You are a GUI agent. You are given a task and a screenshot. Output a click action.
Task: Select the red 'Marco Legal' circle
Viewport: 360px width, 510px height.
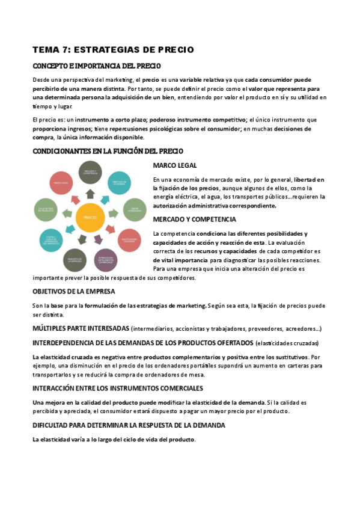(62, 182)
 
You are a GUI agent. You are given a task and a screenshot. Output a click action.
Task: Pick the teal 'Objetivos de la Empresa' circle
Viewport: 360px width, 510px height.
(118, 182)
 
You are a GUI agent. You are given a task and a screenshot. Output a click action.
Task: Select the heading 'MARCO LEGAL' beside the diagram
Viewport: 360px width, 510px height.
(174, 165)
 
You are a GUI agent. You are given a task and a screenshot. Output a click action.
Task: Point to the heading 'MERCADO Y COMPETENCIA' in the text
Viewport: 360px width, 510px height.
(194, 219)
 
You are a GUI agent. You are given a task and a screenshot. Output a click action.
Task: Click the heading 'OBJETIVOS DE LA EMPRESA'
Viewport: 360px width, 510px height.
(73, 292)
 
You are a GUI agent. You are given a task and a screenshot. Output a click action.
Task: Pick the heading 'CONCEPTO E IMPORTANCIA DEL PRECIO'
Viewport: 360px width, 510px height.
(96, 66)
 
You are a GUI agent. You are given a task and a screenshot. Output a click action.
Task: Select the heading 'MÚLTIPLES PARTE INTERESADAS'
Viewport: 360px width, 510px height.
(81, 328)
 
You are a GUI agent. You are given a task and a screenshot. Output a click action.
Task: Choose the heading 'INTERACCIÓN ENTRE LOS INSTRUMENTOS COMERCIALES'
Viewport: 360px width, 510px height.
(117, 388)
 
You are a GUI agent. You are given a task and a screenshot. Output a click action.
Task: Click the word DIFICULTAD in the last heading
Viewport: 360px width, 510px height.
(52, 425)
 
